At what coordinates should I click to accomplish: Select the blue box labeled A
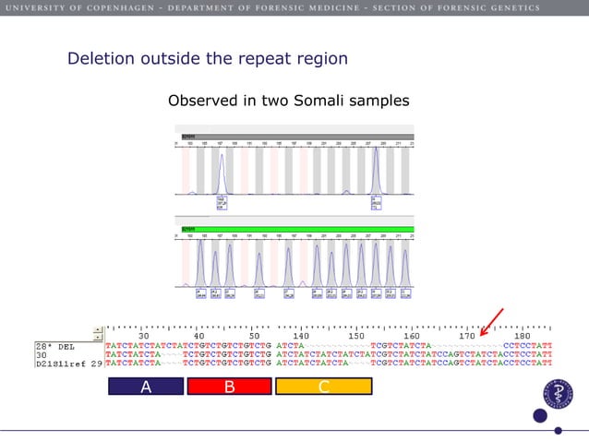[145, 387]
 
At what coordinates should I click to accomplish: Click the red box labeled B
[229, 387]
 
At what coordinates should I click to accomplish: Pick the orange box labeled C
[323, 387]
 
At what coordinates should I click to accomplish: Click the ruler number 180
[522, 337]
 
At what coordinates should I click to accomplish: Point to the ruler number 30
[145, 337]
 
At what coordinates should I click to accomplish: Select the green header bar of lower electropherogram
[294, 228]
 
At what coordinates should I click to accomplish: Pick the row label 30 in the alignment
[42, 355]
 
